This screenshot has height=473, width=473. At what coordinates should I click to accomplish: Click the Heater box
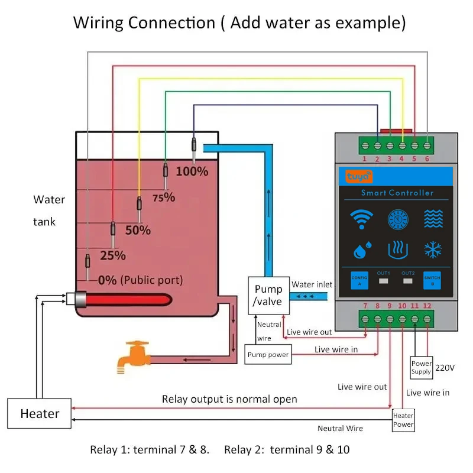(x=40, y=413)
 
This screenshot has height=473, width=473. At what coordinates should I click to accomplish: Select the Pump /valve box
(x=268, y=295)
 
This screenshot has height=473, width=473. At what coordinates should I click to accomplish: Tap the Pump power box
(x=268, y=355)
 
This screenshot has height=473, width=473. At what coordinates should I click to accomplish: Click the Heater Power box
(x=403, y=420)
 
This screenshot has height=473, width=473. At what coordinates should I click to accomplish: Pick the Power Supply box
(x=422, y=368)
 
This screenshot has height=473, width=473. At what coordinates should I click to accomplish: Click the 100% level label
(x=192, y=171)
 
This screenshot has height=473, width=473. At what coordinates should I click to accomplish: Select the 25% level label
(x=113, y=255)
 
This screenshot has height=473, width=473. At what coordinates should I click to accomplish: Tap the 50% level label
(x=138, y=230)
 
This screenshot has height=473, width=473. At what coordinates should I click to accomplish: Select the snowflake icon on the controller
(x=433, y=250)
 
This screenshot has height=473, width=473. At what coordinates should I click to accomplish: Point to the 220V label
(x=445, y=368)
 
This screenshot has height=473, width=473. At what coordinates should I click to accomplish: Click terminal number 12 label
(x=427, y=306)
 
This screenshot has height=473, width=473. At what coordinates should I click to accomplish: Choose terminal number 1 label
(x=365, y=158)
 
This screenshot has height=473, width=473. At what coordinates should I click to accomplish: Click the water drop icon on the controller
(x=361, y=250)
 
